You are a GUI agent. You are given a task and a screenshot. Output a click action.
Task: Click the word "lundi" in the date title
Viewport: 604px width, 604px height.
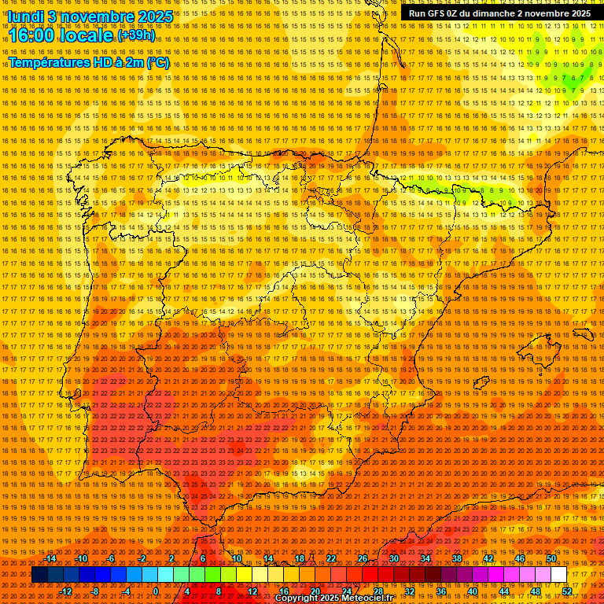coord(24,17)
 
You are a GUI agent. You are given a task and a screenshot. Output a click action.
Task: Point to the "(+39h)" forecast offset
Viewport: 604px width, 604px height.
coord(136,35)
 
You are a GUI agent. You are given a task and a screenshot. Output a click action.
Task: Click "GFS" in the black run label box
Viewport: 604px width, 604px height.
coord(435,13)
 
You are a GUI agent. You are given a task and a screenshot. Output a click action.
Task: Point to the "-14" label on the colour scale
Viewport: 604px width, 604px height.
coord(51,558)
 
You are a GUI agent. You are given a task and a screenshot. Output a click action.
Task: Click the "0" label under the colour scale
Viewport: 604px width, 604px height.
coord(157,591)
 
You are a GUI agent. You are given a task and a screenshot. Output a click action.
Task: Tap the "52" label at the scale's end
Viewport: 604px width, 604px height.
coord(567,591)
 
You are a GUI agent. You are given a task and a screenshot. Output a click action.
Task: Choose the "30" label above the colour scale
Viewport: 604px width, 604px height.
coord(393,558)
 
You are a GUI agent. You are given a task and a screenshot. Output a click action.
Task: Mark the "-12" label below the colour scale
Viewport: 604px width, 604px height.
coord(66,591)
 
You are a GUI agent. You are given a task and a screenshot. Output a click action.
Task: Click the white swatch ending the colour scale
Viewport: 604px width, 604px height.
coord(559,575)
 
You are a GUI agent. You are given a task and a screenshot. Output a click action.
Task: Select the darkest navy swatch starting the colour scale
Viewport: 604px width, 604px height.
coord(39,575)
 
